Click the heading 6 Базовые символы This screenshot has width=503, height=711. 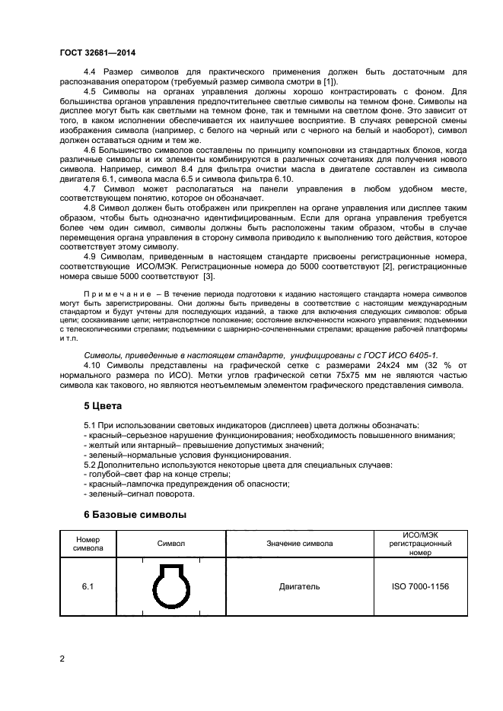tap(134, 515)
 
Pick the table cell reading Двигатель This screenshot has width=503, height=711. tap(298, 586)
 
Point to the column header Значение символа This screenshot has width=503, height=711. tap(298, 544)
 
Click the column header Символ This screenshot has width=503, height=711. tap(171, 544)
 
